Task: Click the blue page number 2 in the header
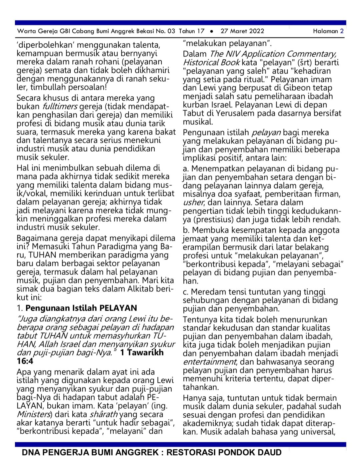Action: tap(342, 31)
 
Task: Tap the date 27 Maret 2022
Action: tap(242, 31)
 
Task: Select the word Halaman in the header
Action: tap(325, 31)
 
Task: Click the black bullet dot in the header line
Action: tap(212, 31)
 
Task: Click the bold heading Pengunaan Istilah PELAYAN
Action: tap(81, 308)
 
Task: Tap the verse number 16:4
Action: tap(25, 361)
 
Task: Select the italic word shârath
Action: tap(104, 414)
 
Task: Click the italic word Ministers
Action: tap(34, 414)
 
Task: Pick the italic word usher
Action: tap(193, 202)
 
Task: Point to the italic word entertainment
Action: tap(210, 362)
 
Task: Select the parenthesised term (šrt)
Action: tap(304, 62)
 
